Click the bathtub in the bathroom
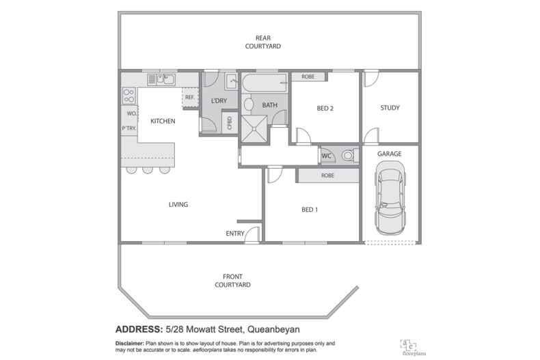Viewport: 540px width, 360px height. tap(265, 86)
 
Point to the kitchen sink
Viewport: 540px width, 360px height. tap(165, 80)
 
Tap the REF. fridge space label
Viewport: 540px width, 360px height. tap(190, 98)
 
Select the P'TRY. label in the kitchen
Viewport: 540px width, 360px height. tap(129, 128)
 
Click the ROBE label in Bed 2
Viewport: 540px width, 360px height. tap(308, 77)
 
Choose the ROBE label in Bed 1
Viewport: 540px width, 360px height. tap(327, 176)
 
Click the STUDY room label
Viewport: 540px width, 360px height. tap(390, 108)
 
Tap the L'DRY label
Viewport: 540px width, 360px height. tap(219, 101)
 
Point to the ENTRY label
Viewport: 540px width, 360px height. tap(235, 234)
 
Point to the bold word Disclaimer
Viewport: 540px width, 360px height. tap(126, 340)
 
